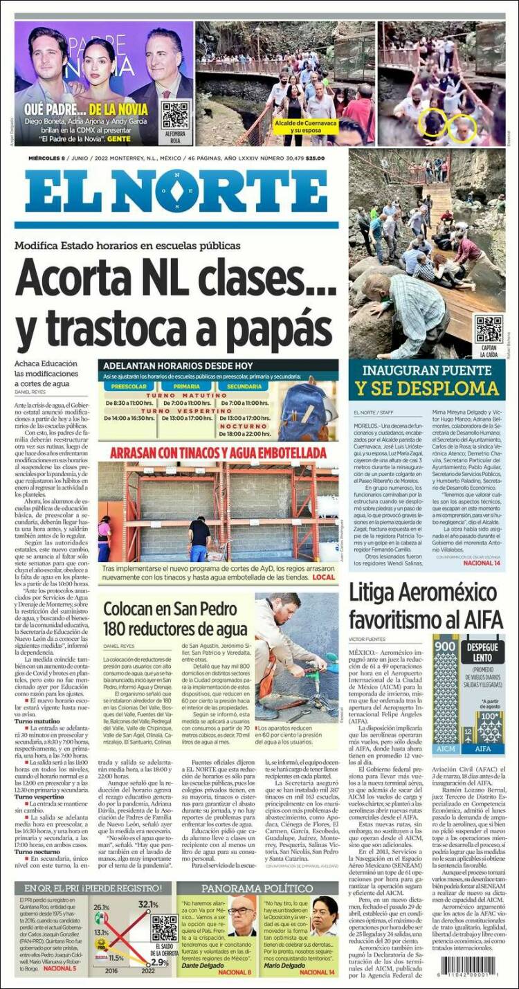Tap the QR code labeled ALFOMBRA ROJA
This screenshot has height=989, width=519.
click(x=175, y=116)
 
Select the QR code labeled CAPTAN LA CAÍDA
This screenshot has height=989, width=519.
click(x=489, y=329)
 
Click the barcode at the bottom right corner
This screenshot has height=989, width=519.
click(x=472, y=965)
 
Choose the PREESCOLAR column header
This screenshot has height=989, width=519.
click(x=129, y=386)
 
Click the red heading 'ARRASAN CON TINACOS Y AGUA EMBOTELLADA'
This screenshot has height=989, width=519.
click(x=217, y=453)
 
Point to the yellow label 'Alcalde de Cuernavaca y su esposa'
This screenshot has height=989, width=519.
click(x=305, y=125)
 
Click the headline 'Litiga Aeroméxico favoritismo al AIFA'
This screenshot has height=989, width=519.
click(x=423, y=605)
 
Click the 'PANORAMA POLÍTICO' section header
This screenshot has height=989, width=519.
click(x=257, y=888)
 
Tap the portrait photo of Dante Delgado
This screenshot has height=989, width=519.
click(x=242, y=915)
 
